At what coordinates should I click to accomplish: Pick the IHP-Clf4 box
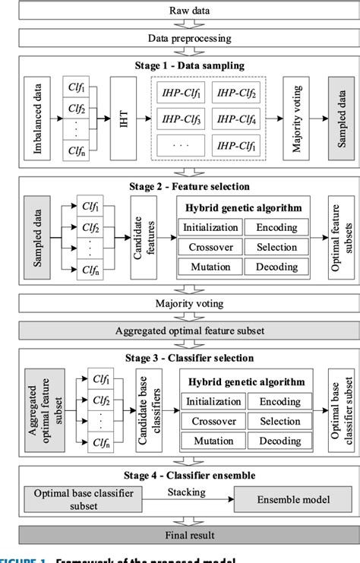[x=236, y=119]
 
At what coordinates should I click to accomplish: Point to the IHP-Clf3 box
[x=182, y=119]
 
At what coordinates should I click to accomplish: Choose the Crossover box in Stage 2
[x=209, y=247]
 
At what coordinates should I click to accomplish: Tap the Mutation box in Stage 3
[x=213, y=441]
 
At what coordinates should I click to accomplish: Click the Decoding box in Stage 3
[x=279, y=441]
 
